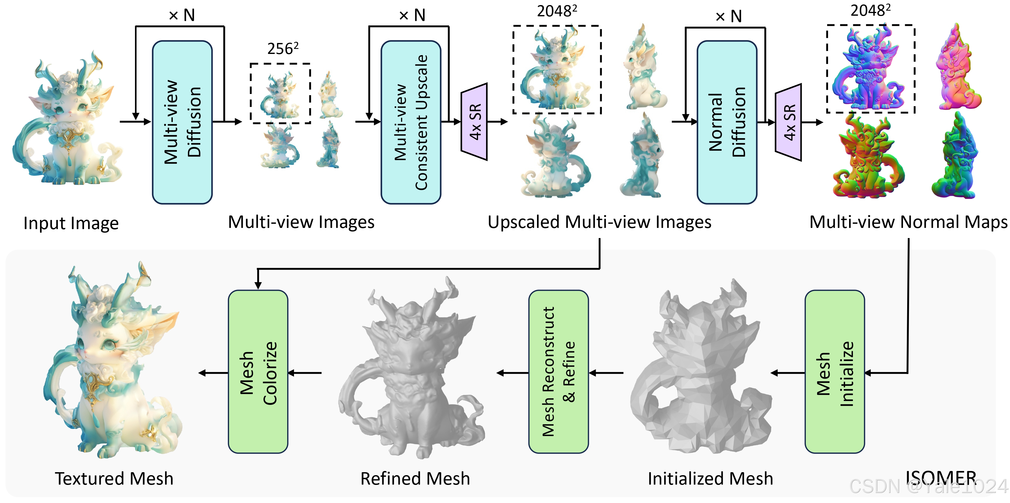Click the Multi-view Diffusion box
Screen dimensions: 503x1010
pyautogui.click(x=182, y=122)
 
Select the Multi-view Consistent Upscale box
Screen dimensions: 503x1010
pyautogui.click(x=410, y=122)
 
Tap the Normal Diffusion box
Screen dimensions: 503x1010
pyautogui.click(x=726, y=122)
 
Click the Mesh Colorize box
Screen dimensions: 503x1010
pyautogui.click(x=258, y=372)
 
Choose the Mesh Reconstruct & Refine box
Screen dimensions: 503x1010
pyautogui.click(x=558, y=372)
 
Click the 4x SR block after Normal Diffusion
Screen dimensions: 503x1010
pyautogui.click(x=788, y=122)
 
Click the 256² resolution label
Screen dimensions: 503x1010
pyautogui.click(x=283, y=49)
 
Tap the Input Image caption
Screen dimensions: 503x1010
pyautogui.click(x=71, y=223)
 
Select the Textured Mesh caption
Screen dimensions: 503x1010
pyautogui.click(x=114, y=479)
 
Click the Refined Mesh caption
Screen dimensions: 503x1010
pyautogui.click(x=415, y=479)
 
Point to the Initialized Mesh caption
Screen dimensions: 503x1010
pyautogui.click(x=710, y=479)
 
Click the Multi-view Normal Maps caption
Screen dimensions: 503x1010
pyautogui.click(x=908, y=222)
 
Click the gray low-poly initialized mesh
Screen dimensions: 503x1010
pyautogui.click(x=702, y=373)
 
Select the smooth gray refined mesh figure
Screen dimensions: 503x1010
pyautogui.click(x=412, y=373)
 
